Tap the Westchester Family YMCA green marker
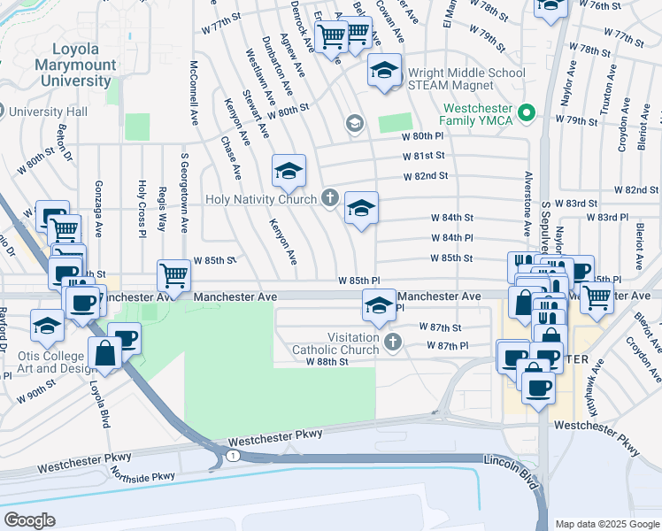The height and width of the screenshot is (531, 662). tap(527, 112)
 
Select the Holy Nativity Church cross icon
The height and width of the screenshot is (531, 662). tap(330, 196)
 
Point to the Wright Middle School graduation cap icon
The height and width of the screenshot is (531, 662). tap(385, 70)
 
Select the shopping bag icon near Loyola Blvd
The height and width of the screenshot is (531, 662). tap(105, 354)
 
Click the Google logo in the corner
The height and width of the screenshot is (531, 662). tap(30, 519)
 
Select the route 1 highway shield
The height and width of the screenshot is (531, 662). tap(231, 455)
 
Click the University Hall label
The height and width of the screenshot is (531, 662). tap(49, 112)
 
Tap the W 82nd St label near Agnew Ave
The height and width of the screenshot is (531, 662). tap(425, 176)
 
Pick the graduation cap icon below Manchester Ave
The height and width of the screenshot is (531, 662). tap(379, 306)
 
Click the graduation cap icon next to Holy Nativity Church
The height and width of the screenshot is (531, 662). tap(361, 209)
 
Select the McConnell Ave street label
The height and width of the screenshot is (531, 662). tap(194, 93)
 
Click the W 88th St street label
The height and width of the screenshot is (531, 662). tap(327, 362)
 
